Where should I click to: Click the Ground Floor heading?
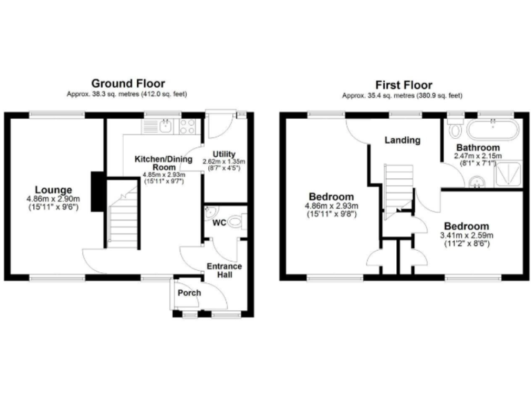127,83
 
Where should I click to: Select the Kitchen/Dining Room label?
164,163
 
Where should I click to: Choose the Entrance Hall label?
225,270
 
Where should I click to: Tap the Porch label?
189,293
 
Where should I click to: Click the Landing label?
402,140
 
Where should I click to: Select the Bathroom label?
477,148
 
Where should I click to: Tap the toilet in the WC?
235,222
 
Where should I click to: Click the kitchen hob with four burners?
188,126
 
